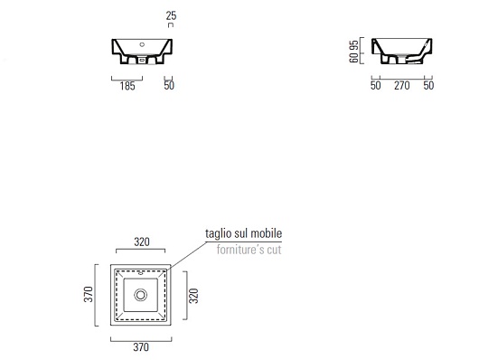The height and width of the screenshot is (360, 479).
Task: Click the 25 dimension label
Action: (171, 15)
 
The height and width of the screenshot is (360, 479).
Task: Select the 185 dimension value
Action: (127, 86)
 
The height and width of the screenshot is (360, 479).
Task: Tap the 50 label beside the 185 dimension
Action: (169, 85)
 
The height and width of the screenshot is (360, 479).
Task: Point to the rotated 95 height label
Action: (353, 45)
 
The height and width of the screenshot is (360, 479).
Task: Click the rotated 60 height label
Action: (353, 58)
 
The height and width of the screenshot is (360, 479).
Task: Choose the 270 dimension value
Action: (401, 85)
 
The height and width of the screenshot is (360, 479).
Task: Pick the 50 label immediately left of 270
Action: (376, 85)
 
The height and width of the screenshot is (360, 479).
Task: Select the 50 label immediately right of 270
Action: (428, 85)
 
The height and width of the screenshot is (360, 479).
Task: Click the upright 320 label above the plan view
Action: (142, 242)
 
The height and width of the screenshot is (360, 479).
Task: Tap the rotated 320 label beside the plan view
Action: (193, 296)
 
